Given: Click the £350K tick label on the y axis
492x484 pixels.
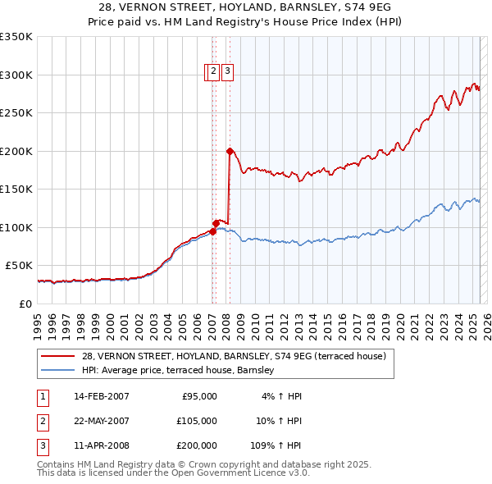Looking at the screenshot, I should pyautogui.click(x=16, y=37).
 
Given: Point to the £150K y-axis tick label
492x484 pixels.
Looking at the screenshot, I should pyautogui.click(x=16, y=189).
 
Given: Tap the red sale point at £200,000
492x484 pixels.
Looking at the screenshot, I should pyautogui.click(x=230, y=151).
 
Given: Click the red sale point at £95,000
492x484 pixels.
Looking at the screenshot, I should pyautogui.click(x=212, y=231).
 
